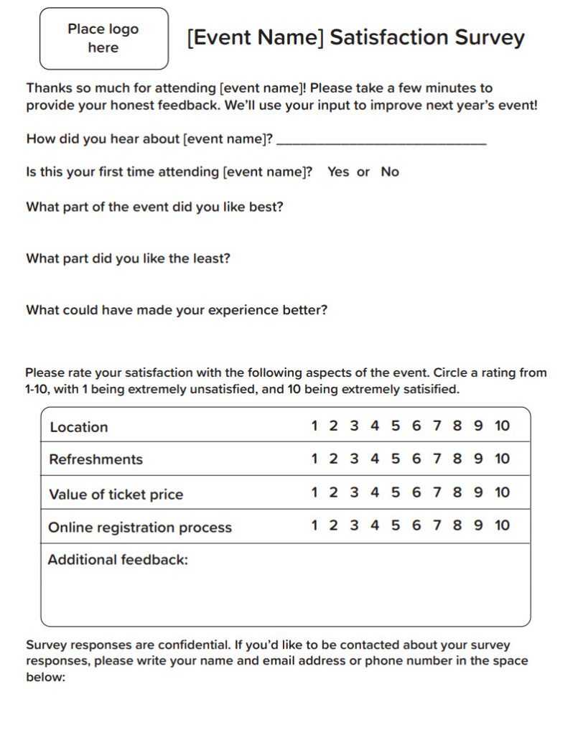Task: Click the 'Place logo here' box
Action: pos(103,39)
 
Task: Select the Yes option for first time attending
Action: pos(338,172)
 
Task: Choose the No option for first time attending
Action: pos(390,172)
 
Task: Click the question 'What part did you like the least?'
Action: pos(128,258)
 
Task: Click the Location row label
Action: pos(79,427)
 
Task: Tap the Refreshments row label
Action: pos(95,459)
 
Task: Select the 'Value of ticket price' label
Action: pos(116,495)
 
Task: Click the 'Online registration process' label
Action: pos(140,528)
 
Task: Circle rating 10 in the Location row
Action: pos(502,426)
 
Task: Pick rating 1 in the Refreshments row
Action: pos(314,459)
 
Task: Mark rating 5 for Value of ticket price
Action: pos(396,492)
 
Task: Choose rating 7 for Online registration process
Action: pos(437,525)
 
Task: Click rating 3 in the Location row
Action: pos(354,426)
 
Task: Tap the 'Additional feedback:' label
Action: pos(118,560)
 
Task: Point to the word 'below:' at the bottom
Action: pos(45,676)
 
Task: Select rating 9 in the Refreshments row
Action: pos(478,459)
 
